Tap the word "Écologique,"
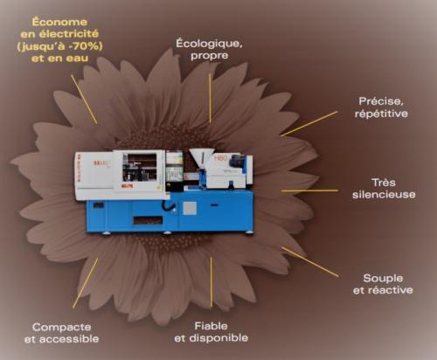tap(209, 44)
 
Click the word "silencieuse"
tap(384, 195)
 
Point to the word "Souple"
tap(383, 279)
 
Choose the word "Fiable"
tap(211, 326)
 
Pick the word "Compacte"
tap(61, 327)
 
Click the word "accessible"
tap(69, 339)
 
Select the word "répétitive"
tap(381, 114)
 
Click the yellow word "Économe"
tap(59, 22)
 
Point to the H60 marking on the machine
tap(220, 158)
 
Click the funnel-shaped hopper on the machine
tap(201, 157)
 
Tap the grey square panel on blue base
tap(190, 209)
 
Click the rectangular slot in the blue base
tap(148, 220)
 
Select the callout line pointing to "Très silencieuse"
tap(309, 190)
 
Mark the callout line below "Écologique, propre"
tap(210, 98)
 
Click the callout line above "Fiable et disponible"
tap(212, 282)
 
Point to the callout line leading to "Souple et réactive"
tap(310, 262)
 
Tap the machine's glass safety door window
tap(139, 168)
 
